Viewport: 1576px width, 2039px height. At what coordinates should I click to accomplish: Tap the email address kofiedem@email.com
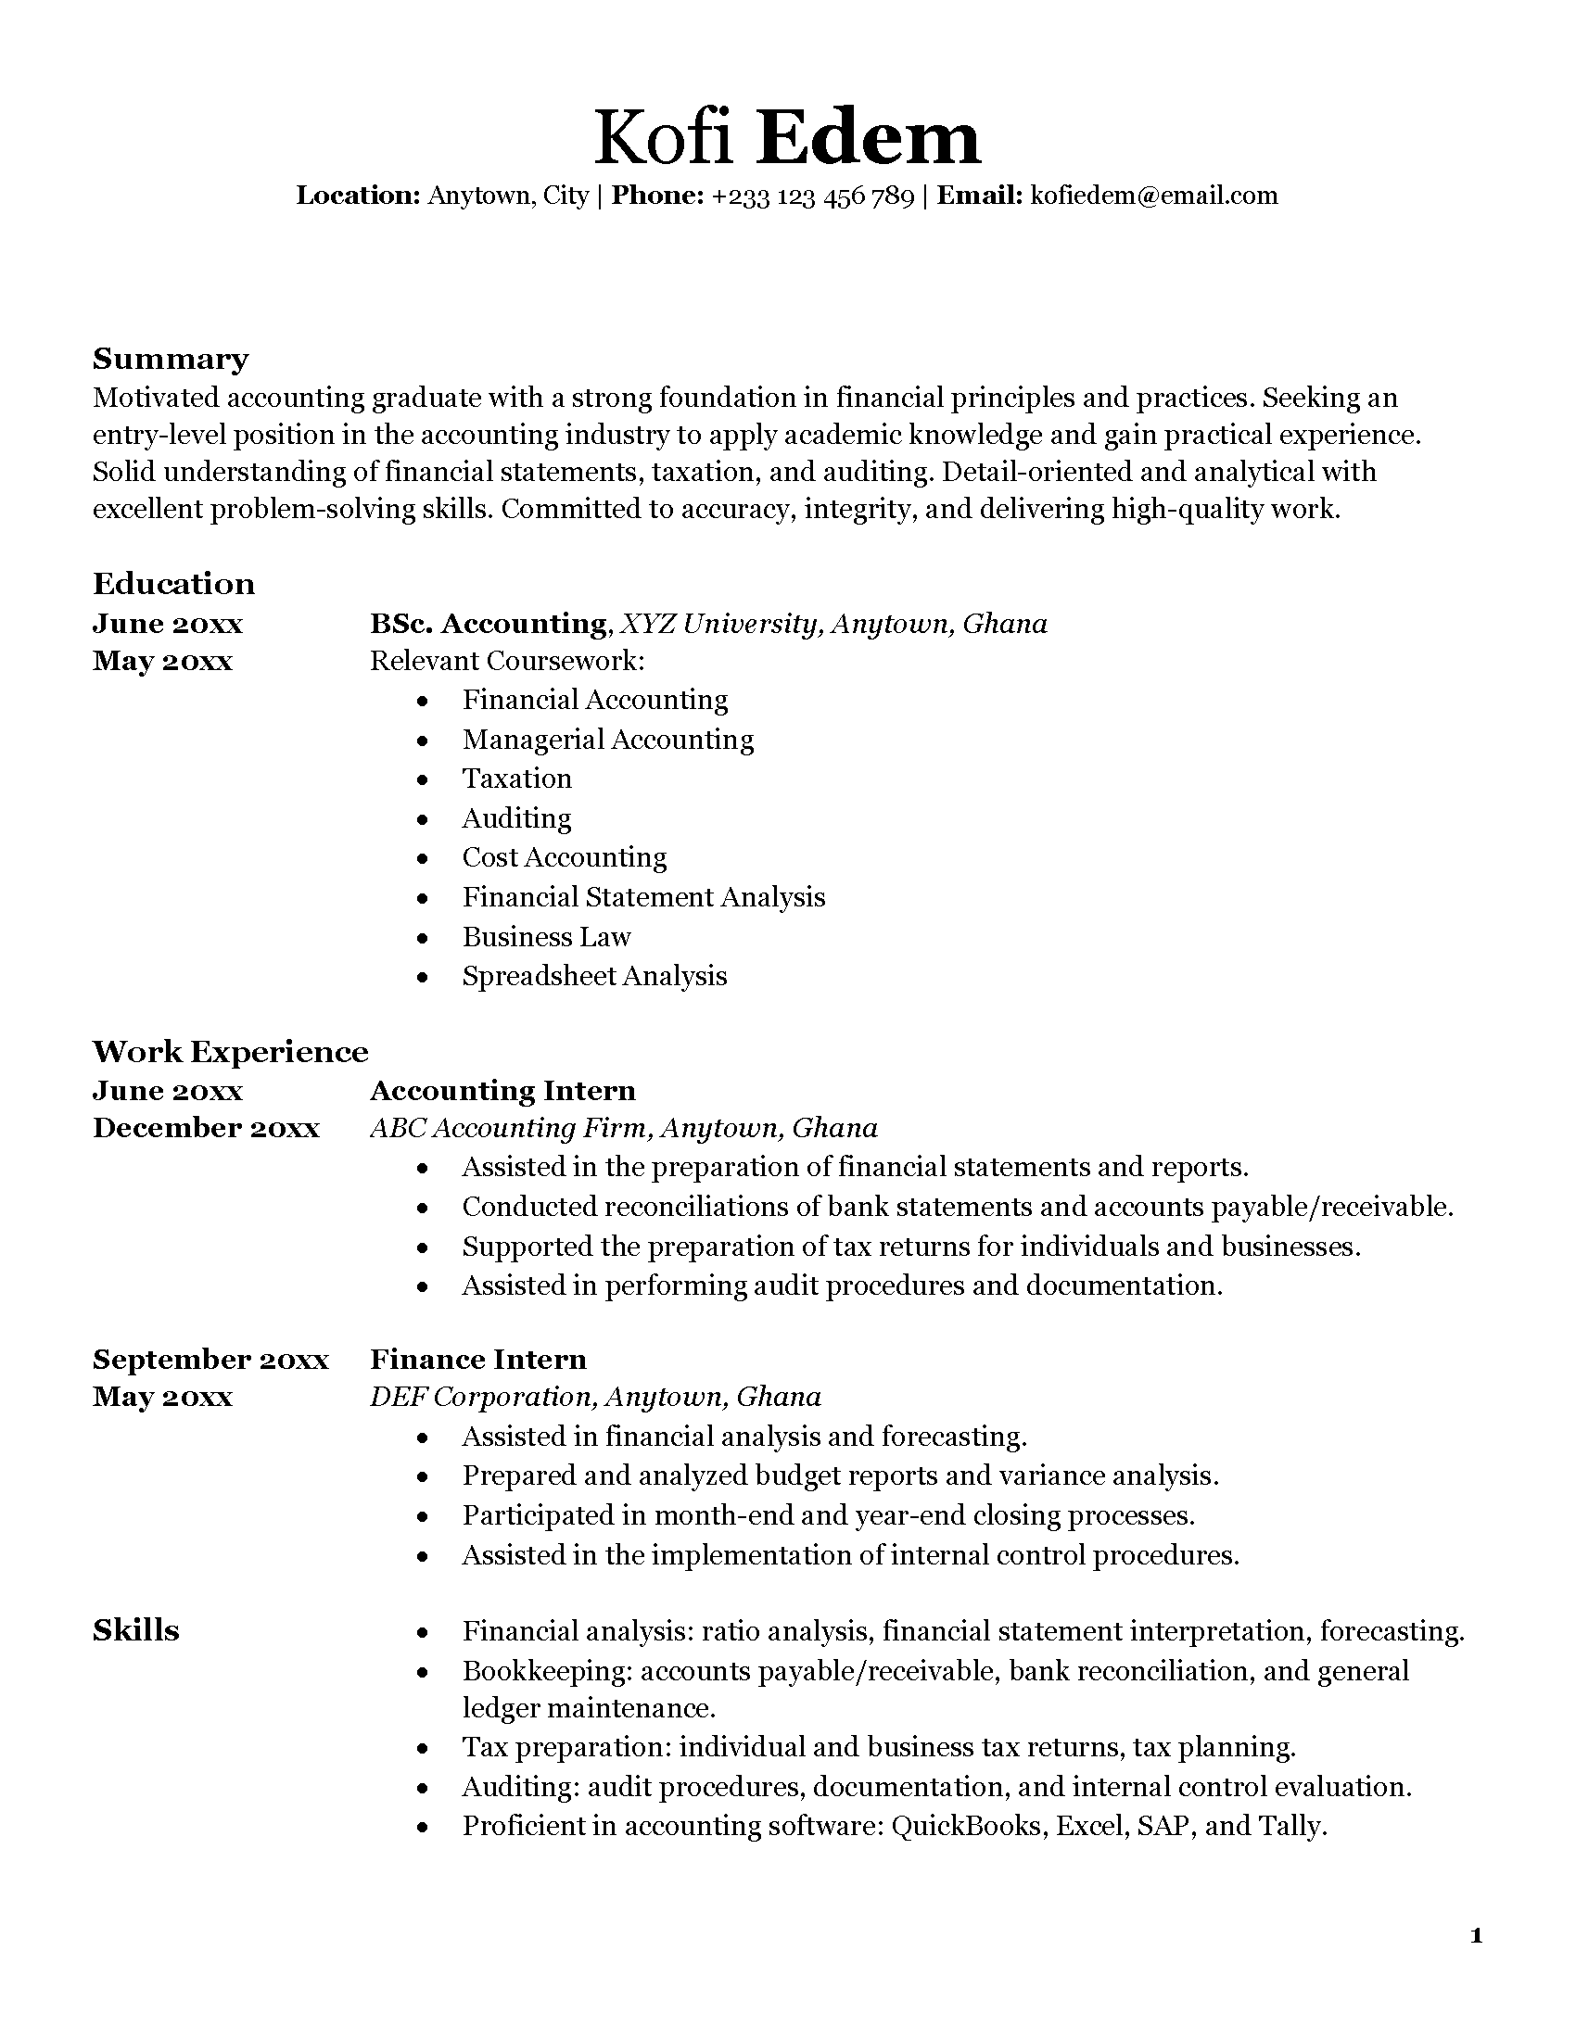[1153, 196]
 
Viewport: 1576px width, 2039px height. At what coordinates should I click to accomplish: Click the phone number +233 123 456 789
[812, 196]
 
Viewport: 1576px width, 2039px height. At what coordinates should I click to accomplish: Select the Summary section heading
[171, 359]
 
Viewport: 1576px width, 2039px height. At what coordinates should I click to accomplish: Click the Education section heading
[173, 584]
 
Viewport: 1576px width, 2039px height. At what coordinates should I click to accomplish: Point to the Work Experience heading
[231, 1051]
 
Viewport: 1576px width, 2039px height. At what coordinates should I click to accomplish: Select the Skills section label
[136, 1630]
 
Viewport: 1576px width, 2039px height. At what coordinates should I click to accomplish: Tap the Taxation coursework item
[516, 779]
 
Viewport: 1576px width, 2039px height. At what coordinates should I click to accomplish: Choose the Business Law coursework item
[546, 936]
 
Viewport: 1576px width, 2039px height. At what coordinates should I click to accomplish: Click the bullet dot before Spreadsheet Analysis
[424, 978]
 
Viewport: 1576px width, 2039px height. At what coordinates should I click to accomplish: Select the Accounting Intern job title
[502, 1091]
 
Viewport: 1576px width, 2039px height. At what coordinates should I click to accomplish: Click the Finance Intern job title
[478, 1360]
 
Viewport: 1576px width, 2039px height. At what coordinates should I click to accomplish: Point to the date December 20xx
[207, 1128]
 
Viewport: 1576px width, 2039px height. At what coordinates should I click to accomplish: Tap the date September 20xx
[211, 1360]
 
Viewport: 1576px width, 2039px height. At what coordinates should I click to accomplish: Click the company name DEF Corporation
[482, 1397]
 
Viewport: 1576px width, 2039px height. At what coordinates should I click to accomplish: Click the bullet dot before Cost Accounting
[424, 859]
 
